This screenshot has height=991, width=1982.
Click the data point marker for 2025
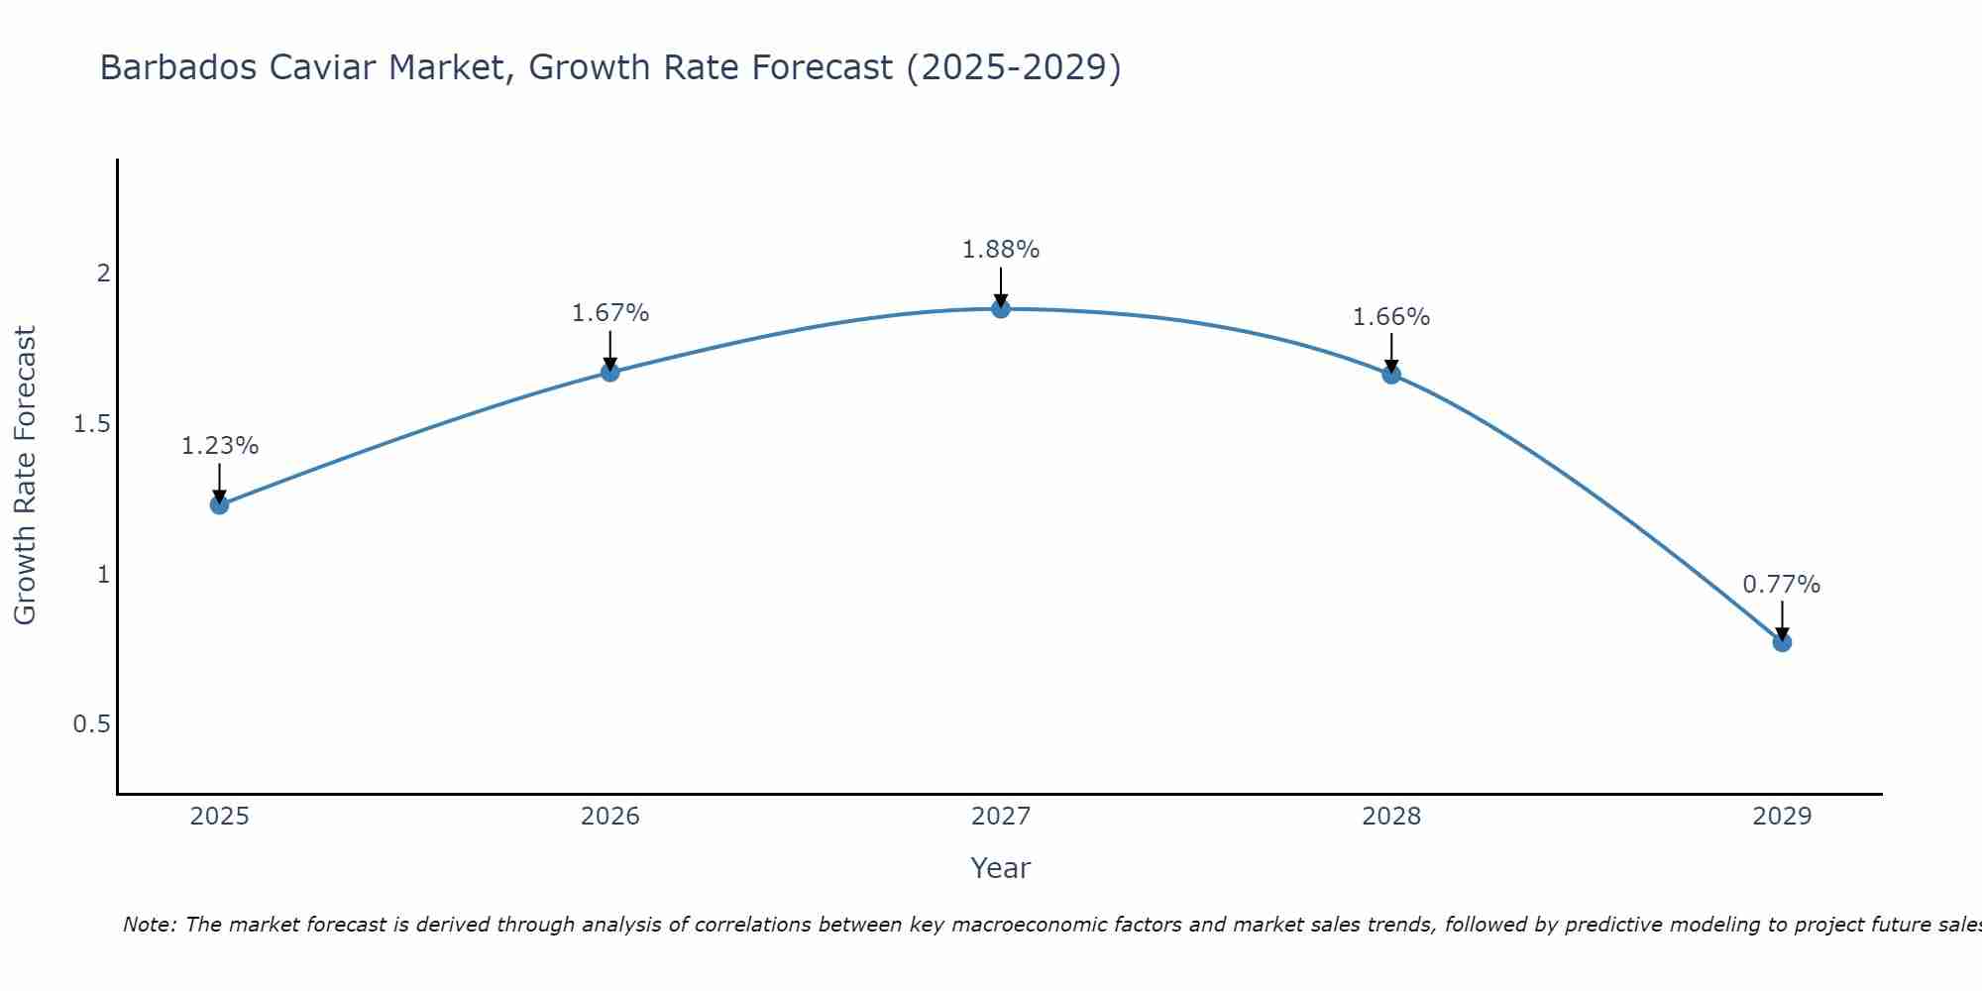(219, 504)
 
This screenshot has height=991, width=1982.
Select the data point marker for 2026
(610, 372)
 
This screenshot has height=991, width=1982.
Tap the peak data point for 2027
(1001, 308)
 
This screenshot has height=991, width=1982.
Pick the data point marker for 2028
(1391, 375)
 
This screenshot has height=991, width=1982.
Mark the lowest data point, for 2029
(1782, 642)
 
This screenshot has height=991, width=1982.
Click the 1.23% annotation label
(219, 446)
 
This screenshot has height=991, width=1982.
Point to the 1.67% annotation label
(610, 313)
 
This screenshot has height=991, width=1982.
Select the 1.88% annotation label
(1001, 250)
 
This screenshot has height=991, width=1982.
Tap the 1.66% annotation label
(1391, 317)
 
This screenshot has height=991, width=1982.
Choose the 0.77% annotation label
(1782, 585)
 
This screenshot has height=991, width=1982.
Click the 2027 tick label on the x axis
(1001, 817)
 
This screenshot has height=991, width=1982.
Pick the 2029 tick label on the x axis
(1782, 817)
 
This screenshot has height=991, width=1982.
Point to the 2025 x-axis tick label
(219, 817)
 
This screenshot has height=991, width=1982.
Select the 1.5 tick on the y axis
(91, 424)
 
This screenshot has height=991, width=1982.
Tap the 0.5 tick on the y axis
(91, 724)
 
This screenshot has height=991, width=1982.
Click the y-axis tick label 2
(103, 274)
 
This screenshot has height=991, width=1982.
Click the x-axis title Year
(1001, 868)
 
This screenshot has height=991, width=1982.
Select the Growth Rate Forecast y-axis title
(26, 476)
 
